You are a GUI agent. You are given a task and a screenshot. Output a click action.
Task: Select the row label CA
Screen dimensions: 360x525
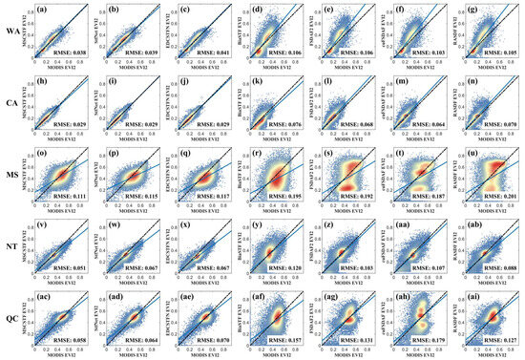(x=11, y=103)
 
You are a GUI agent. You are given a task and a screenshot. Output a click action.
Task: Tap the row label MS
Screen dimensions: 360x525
(x=11, y=173)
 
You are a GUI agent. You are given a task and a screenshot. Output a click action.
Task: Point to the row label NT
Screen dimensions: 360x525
(x=11, y=244)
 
